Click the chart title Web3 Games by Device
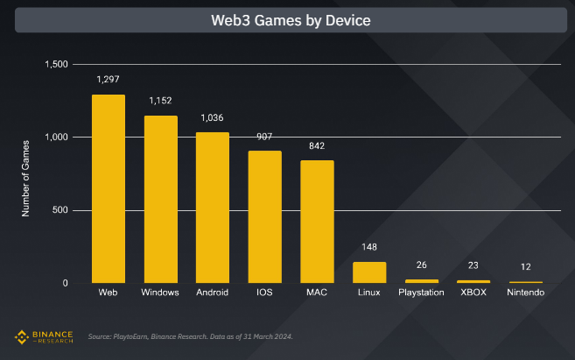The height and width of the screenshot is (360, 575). pos(287,19)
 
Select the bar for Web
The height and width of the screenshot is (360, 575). pos(109,188)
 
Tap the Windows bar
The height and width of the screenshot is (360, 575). pos(161,199)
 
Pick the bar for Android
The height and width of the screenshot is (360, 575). pos(213,208)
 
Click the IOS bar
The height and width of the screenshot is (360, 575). pos(265,216)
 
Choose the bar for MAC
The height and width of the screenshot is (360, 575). pos(317,222)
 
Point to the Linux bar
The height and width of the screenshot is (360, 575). pos(369,272)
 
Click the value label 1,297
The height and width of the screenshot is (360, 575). pos(109,80)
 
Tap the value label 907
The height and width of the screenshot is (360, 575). pos(265,137)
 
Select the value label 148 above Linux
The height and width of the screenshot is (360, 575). pos(369,248)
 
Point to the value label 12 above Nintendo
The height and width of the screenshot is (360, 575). pos(525,266)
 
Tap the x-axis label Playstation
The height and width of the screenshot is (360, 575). pos(421,292)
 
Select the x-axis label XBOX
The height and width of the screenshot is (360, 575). pos(473,292)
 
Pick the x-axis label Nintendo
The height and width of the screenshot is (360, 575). pos(525,292)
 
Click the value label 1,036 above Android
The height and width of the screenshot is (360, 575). pos(213,117)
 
